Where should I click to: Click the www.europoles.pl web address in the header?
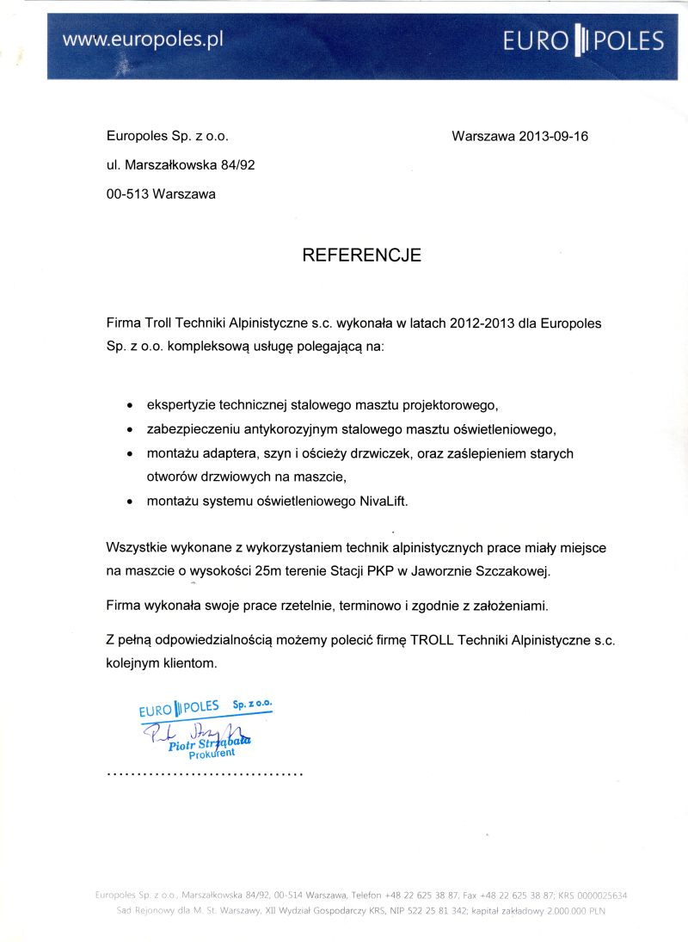point(143,40)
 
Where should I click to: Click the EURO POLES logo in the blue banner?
point(584,40)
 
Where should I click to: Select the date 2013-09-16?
point(554,136)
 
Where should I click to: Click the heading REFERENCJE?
point(361,255)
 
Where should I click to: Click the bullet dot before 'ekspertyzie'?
point(130,404)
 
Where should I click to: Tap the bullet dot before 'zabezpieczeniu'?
point(130,428)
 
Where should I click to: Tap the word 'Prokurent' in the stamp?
point(212,754)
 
